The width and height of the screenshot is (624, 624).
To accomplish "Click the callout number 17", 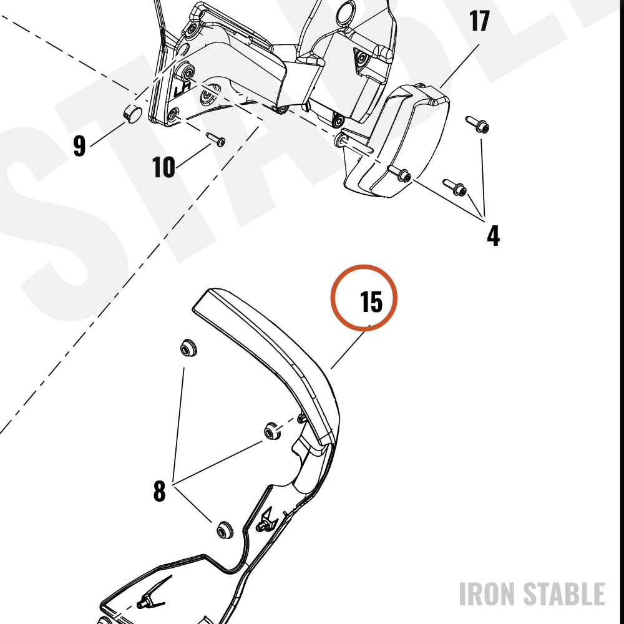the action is pos(479,21).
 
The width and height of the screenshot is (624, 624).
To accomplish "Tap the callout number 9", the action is pos(80,145).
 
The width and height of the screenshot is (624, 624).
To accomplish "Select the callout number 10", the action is pos(163,167).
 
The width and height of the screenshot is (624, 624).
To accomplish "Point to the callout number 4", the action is pos(493,236).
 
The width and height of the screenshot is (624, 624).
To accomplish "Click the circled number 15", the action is pos(371,301).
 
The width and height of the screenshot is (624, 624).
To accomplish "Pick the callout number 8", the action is pos(159,491).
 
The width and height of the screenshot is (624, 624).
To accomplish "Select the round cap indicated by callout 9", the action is pos(132,114).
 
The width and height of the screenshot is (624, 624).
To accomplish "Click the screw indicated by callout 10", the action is pos(216,139).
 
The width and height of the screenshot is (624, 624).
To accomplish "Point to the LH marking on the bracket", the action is pos(182,89).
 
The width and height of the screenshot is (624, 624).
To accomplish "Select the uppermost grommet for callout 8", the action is pos(188,348).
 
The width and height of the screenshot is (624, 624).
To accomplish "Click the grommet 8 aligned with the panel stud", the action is pos(273,431).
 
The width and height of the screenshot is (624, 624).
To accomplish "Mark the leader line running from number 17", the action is pos(460,66).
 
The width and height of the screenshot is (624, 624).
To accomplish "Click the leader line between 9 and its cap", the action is pos(108,135).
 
